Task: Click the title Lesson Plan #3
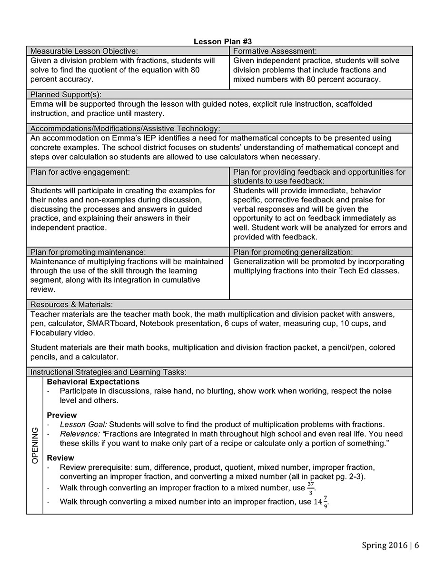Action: tap(223, 42)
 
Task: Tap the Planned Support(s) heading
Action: tap(66, 94)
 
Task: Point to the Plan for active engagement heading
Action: tap(80, 172)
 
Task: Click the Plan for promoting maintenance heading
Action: tap(88, 252)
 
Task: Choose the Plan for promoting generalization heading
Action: tap(293, 252)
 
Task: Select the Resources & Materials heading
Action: tap(71, 305)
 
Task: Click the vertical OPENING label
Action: tap(35, 446)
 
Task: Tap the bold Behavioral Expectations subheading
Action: tap(93, 382)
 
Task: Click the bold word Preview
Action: tap(62, 415)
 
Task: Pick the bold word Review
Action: tap(60, 458)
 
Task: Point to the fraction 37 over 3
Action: tap(310, 488)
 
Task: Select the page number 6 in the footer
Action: tap(416, 546)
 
